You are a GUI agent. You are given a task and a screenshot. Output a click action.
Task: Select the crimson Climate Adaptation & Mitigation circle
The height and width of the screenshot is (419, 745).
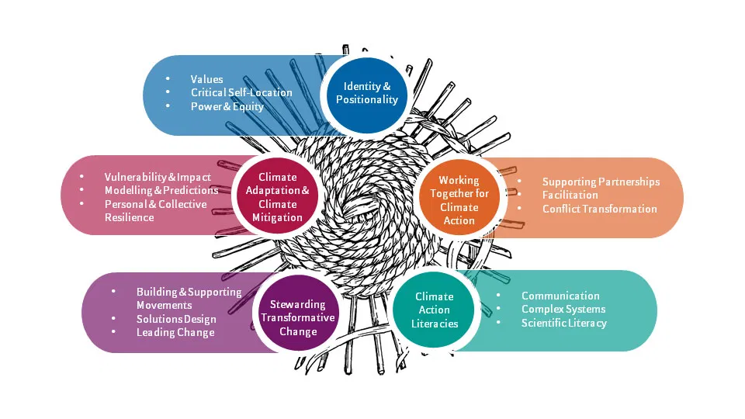coord(277,197)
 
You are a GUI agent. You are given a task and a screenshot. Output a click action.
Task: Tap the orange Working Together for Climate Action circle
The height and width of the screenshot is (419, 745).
coord(459,200)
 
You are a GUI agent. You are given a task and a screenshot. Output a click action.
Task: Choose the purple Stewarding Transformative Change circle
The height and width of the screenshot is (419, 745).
coord(298,317)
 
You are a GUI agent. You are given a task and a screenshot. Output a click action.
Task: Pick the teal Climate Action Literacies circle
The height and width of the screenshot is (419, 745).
coord(434,310)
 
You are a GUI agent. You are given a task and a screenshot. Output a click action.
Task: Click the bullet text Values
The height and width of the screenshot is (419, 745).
coord(206,79)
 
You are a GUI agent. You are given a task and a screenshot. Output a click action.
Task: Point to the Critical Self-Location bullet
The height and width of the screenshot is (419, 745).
coord(241,92)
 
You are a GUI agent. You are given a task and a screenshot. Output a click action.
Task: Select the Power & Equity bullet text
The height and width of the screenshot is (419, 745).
coord(227,106)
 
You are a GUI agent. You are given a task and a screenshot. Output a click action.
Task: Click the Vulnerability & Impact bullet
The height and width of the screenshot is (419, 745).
coord(158,177)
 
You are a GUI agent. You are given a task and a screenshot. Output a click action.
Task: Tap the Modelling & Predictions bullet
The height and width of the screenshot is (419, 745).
coord(161,190)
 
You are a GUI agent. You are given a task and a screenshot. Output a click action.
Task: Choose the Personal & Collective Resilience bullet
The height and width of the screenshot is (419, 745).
coord(155,210)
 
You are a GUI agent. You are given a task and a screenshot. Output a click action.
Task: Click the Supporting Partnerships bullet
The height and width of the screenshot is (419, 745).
coord(601,182)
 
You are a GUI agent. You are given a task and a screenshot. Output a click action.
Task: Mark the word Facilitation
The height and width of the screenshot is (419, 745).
coord(570,195)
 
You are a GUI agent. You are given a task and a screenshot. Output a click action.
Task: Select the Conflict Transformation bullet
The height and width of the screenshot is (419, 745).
coord(599,209)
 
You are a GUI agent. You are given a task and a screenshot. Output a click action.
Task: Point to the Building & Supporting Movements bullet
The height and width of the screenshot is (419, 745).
coord(189,299)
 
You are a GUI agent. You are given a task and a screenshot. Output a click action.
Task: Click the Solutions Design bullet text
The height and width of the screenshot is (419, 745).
coord(176,319)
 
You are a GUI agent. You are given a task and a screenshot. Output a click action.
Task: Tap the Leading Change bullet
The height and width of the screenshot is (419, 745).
coord(175,332)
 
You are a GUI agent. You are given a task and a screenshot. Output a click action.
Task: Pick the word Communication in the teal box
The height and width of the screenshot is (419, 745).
coord(560,296)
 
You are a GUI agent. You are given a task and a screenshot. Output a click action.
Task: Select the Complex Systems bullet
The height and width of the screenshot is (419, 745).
coord(563,309)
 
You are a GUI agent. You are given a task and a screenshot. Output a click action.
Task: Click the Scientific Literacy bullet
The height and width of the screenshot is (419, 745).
coord(563,323)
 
